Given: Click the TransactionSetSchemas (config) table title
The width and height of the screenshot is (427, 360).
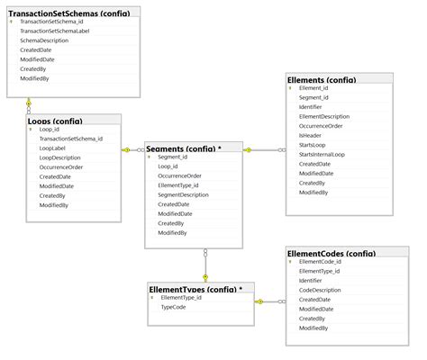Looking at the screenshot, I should [68, 13].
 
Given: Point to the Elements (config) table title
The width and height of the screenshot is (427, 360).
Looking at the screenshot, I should [321, 80].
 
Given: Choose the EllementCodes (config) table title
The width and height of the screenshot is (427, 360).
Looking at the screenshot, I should [341, 253].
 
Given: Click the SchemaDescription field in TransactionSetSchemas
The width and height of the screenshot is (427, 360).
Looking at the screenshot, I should [44, 40].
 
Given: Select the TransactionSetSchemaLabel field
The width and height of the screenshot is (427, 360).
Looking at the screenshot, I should [55, 31].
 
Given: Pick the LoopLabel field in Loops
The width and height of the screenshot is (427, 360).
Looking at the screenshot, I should [52, 148].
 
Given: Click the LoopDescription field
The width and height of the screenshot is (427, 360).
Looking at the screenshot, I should [60, 157].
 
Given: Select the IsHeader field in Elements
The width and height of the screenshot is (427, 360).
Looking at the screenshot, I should [310, 136].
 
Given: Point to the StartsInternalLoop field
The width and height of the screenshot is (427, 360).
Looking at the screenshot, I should [322, 155].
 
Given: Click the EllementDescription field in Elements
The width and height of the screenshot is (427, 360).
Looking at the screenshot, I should [324, 116].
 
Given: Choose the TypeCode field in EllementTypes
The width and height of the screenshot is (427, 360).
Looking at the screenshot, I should [173, 307].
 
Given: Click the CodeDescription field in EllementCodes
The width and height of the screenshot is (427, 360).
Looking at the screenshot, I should [320, 290].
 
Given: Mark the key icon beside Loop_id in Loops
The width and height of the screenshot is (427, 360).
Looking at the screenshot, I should [32, 130].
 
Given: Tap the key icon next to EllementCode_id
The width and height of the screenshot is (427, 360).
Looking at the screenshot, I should [291, 262].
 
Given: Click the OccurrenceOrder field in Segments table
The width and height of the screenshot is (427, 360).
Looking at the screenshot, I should [180, 175].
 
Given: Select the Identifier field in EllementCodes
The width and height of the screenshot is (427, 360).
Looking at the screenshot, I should [311, 281].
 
